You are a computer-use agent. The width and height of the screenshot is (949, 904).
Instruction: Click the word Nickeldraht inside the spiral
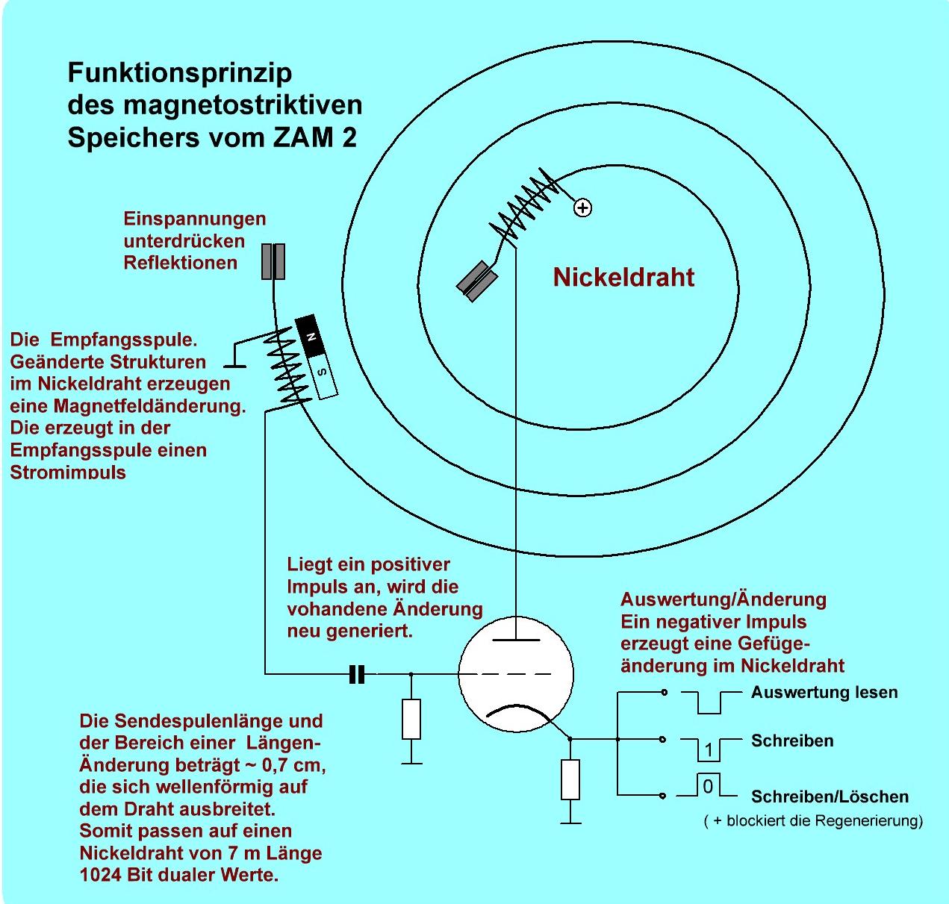623,278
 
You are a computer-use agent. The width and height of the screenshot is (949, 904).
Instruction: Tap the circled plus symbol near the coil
582,208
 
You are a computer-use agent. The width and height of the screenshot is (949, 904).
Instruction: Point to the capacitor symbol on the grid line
357,675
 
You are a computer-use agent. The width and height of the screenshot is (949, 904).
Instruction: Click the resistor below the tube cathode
570,779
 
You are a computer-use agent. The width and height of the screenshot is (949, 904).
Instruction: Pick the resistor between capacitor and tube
411,719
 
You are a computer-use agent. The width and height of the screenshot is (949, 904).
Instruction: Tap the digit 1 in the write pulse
709,749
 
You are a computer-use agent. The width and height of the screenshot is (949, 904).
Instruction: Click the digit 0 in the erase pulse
709,786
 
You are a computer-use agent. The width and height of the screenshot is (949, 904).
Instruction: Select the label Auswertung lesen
824,693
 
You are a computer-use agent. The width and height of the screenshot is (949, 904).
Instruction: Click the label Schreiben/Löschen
830,797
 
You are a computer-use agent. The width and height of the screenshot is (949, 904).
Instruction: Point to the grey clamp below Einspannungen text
273,261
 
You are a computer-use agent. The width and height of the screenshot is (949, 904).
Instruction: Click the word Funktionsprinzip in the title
180,73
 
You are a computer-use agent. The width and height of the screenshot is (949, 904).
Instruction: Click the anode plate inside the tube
516,640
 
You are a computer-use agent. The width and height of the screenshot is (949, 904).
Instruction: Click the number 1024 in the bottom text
100,875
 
